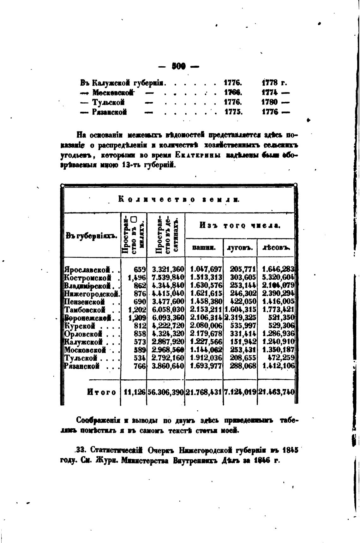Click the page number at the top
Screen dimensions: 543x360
(x=178, y=66)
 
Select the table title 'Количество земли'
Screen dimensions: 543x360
(x=179, y=200)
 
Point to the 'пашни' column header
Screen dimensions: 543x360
(x=204, y=248)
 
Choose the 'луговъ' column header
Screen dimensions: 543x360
(x=240, y=248)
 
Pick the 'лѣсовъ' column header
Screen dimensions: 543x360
(x=276, y=248)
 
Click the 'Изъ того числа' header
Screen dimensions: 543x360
(x=240, y=226)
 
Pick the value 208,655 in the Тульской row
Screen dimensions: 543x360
(x=243, y=358)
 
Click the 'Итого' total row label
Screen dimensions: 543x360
(x=101, y=392)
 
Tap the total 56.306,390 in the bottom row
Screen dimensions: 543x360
(x=165, y=392)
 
